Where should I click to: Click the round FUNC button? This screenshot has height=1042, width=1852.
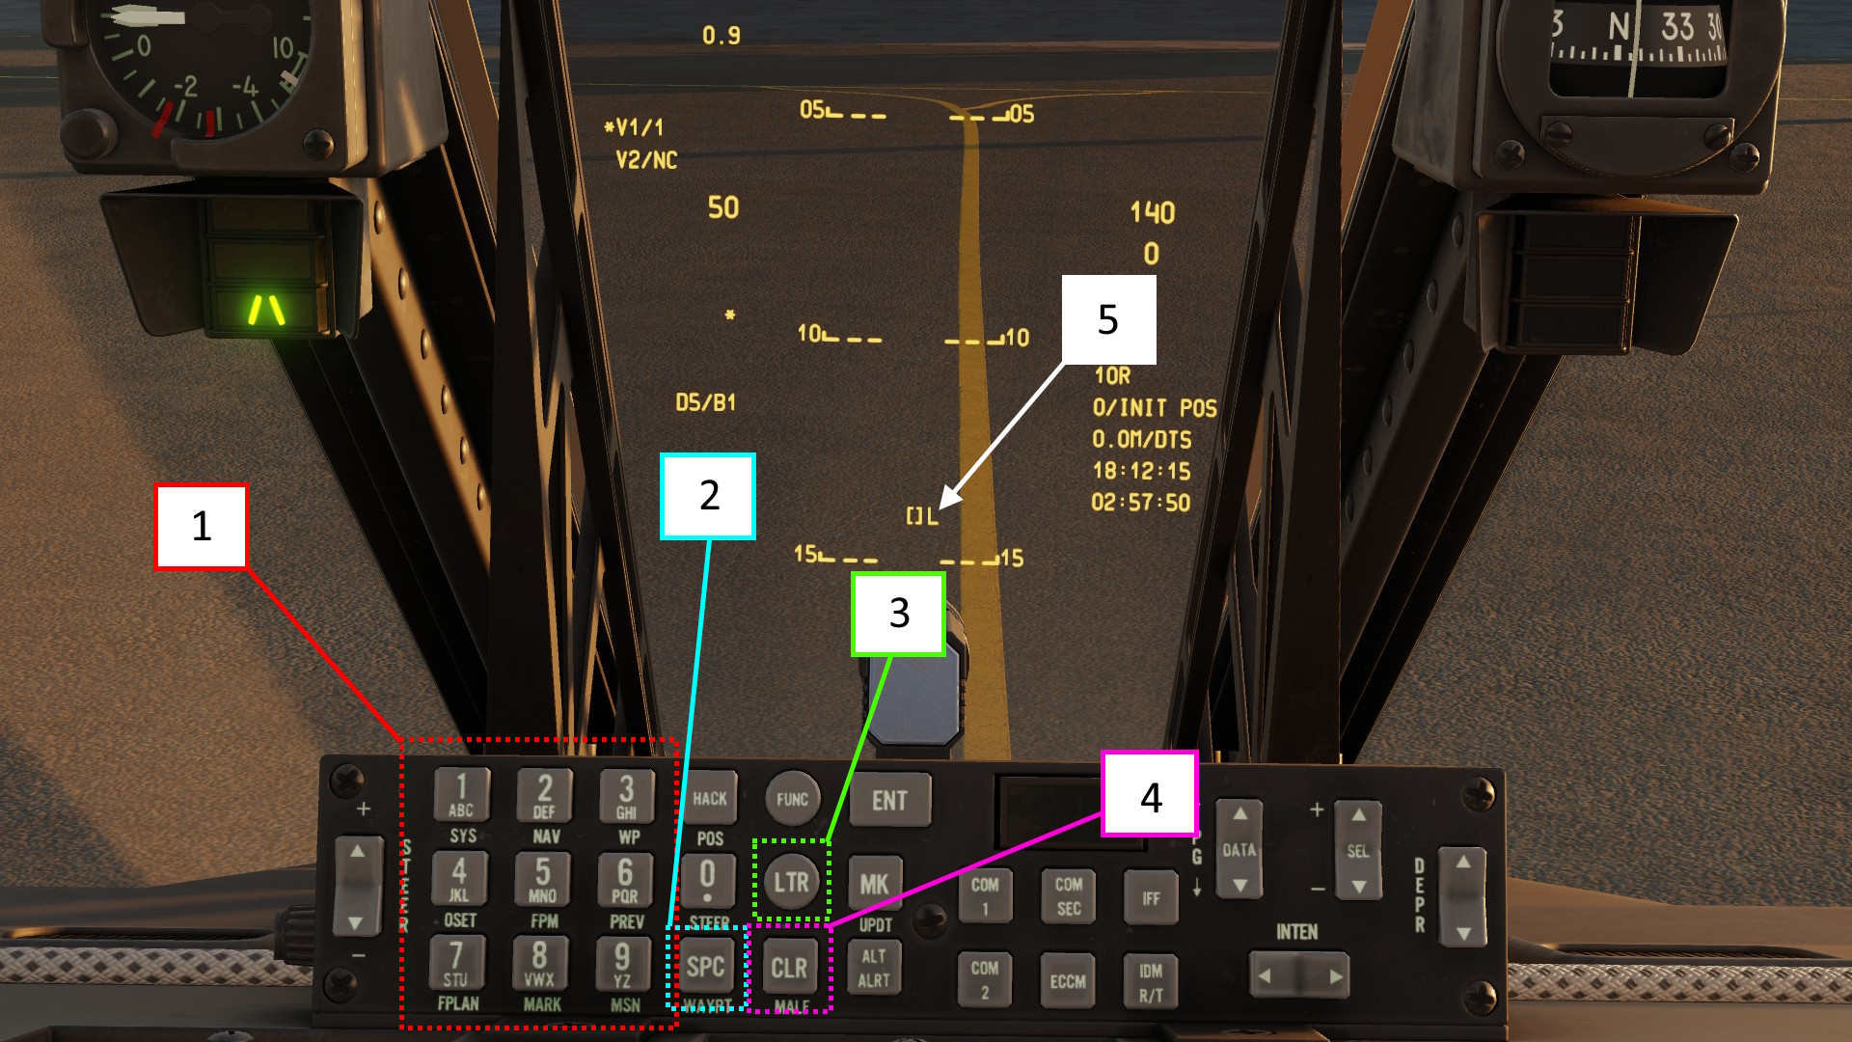[792, 799]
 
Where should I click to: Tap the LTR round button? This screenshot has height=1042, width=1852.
[791, 881]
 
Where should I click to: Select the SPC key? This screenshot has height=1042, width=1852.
[706, 967]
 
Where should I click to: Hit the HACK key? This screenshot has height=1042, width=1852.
[710, 798]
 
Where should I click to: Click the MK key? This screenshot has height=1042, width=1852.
[874, 884]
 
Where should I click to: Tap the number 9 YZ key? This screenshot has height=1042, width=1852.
[623, 964]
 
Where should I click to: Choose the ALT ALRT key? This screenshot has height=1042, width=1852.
[874, 968]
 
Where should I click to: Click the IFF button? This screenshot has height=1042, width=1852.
[1151, 897]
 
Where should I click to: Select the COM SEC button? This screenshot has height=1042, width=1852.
[1068, 896]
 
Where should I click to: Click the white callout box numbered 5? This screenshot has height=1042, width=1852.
[1108, 319]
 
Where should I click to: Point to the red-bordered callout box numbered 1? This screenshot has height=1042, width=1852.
[202, 526]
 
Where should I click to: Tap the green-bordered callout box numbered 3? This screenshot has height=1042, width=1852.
[898, 614]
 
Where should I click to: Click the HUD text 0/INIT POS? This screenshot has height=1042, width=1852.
[1155, 408]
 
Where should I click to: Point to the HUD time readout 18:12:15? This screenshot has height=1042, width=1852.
[1141, 471]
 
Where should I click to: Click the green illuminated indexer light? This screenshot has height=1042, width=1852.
[266, 309]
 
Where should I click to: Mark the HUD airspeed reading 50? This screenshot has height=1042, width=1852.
[723, 207]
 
